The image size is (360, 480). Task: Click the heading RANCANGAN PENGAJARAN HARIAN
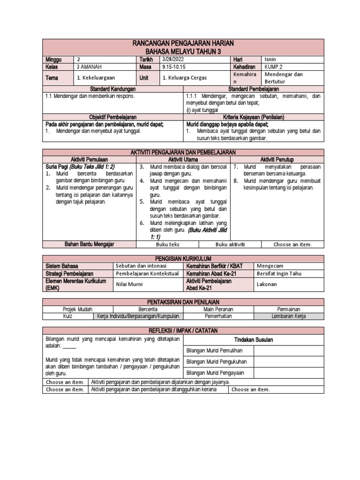point(183,43)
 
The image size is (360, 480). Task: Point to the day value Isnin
point(270,60)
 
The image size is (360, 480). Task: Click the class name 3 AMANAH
point(90,67)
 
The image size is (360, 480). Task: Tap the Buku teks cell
point(167,244)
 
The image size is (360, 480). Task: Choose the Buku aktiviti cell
point(230,244)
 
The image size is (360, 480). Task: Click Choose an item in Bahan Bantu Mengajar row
point(292,244)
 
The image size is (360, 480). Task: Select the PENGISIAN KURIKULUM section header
point(183,258)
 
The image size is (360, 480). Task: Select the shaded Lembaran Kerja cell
point(288,316)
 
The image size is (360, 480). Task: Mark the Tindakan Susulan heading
point(253,339)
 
